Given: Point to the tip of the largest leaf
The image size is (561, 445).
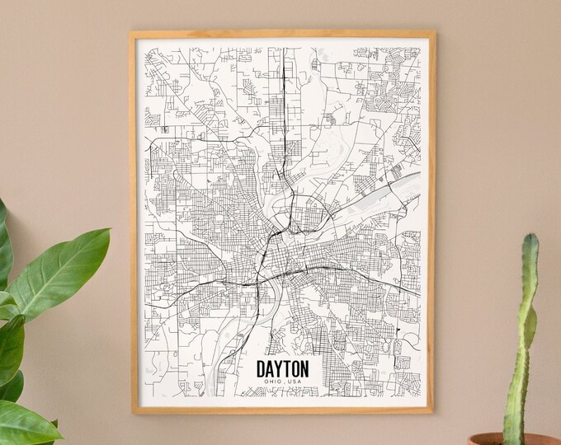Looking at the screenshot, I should (x=108, y=232).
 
